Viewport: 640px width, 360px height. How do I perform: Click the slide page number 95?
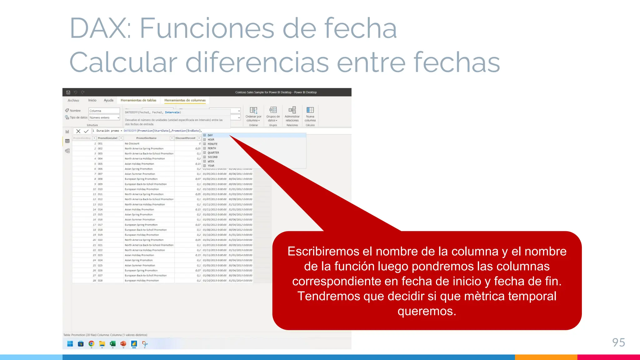[x=618, y=342]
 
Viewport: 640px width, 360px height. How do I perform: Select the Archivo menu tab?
[x=73, y=100]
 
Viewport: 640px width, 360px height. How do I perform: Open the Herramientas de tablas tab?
[x=138, y=100]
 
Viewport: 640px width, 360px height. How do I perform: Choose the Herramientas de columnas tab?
[x=185, y=100]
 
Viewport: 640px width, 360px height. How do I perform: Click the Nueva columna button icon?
[x=310, y=110]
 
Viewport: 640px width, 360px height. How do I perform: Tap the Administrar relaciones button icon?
[x=292, y=110]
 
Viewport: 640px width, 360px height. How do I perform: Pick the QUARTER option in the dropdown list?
[x=213, y=153]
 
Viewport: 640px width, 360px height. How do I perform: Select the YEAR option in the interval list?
[x=211, y=166]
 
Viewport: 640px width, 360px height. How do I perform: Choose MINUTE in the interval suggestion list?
[x=212, y=144]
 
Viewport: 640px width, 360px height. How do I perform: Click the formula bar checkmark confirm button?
[x=86, y=131]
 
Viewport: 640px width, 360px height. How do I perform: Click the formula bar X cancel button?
[x=78, y=131]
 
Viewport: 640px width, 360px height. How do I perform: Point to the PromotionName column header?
[x=146, y=138]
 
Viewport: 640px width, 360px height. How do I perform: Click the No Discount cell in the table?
[x=132, y=144]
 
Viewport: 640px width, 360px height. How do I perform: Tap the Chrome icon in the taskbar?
[x=91, y=344]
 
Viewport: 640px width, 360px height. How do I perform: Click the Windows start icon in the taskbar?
[x=70, y=344]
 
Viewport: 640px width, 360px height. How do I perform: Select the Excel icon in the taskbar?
[x=112, y=344]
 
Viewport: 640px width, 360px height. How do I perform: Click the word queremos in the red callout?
[x=427, y=311]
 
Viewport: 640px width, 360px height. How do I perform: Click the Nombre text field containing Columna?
[x=104, y=111]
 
